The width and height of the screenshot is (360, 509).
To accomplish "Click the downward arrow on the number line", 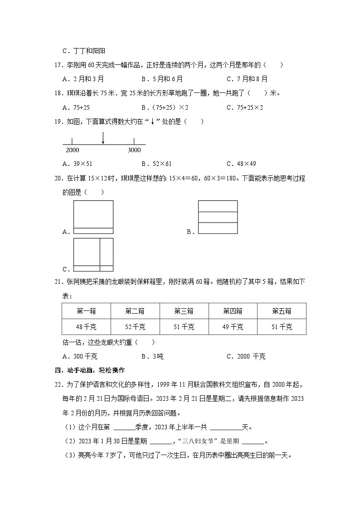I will click(x=103, y=138).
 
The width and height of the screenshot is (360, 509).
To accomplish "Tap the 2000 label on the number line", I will click(x=72, y=150).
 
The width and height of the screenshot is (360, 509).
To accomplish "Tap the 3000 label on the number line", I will click(x=134, y=150).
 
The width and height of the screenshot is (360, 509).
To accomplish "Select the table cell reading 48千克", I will click(x=86, y=327).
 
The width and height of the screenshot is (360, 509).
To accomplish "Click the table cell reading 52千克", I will click(x=135, y=327).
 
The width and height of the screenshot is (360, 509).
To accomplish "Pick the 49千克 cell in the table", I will click(x=233, y=327).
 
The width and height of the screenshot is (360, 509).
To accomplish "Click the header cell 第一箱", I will click(x=86, y=311).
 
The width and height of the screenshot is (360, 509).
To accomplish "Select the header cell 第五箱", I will click(x=282, y=311).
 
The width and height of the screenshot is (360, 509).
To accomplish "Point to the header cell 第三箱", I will click(x=184, y=311).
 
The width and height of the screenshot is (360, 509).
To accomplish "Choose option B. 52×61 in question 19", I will click(x=156, y=164).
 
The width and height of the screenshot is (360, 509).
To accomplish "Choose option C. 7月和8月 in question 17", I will click(x=247, y=79).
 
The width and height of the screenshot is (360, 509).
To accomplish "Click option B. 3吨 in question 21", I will click(x=152, y=356).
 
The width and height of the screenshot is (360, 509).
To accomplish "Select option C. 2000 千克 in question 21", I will click(x=246, y=356).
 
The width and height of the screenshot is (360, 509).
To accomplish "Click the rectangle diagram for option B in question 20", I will click(x=218, y=217).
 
